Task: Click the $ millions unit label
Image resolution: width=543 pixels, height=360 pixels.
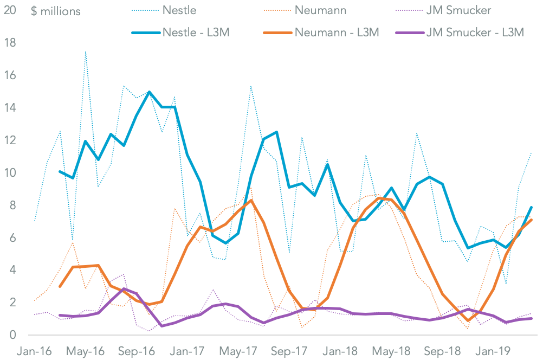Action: tap(56, 11)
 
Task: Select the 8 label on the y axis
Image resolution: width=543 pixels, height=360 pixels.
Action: tap(12, 205)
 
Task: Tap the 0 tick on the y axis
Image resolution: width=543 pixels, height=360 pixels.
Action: tap(12, 335)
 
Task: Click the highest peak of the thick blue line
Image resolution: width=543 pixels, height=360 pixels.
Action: tap(149, 92)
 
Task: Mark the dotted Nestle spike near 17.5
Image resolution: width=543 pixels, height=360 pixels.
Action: tap(86, 52)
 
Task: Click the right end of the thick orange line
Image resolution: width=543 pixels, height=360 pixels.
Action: tap(532, 220)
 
